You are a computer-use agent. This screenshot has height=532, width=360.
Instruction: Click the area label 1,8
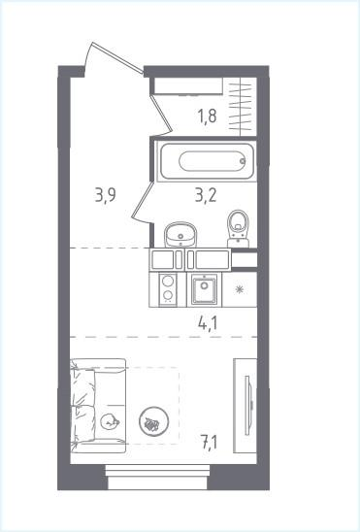coord(207,116)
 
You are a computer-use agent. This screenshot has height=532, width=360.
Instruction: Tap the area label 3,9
coord(106,195)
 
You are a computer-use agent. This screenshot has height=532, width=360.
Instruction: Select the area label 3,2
coord(206,195)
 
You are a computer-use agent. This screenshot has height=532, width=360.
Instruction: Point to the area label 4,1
coord(208,323)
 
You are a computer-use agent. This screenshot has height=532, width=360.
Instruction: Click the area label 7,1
coord(210,443)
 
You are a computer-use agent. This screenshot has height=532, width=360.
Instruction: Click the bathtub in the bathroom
coord(207,161)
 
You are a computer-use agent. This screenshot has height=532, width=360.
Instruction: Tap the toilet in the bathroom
coord(238,229)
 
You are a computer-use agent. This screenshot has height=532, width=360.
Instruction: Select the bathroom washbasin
coord(180,234)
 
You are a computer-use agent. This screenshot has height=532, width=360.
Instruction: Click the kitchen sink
coord(204,289)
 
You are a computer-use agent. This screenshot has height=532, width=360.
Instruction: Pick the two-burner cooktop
coord(168,289)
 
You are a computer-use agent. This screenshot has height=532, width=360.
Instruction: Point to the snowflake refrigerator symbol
coord(240,289)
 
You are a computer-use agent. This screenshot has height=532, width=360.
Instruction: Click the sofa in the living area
coord(98,406)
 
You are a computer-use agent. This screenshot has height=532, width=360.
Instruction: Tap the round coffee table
coord(154,421)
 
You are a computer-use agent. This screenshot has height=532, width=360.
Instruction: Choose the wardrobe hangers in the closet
coord(240,107)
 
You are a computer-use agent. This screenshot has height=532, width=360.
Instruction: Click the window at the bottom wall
coord(157,477)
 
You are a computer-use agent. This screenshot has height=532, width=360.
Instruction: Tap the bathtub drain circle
coord(243,161)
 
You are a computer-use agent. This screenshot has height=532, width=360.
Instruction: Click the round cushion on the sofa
coord(110,421)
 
